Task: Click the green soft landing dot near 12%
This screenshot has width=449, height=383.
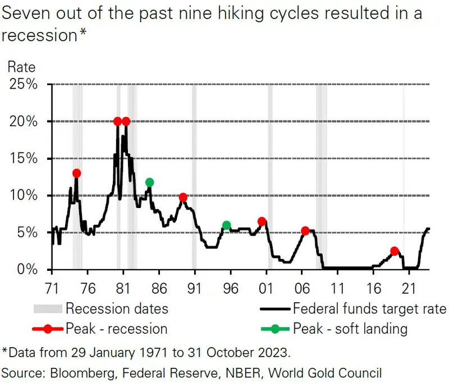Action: pyautogui.click(x=149, y=182)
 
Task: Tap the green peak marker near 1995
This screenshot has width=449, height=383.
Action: pyautogui.click(x=226, y=225)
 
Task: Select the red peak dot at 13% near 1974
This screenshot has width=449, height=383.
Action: pyautogui.click(x=76, y=173)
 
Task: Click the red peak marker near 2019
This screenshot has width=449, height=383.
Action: pyautogui.click(x=395, y=251)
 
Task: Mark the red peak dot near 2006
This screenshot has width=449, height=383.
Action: pyautogui.click(x=305, y=231)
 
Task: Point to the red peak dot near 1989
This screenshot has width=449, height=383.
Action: pyautogui.click(x=183, y=197)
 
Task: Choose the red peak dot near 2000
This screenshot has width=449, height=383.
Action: pyautogui.click(x=262, y=222)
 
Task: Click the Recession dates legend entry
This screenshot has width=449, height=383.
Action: pyautogui.click(x=116, y=308)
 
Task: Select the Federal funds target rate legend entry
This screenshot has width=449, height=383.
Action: pyautogui.click(x=369, y=308)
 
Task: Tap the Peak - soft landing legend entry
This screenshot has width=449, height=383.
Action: pyautogui.click(x=350, y=328)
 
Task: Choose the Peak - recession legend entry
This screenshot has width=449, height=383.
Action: pyautogui.click(x=117, y=328)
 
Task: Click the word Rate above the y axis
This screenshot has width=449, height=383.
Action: pyautogui.click(x=21, y=68)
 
